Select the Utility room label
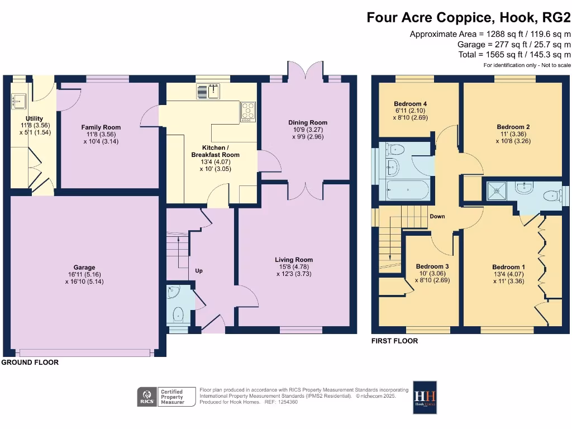tap(35, 119)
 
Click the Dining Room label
tap(308, 122)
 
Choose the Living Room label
tap(294, 260)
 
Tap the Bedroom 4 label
tap(411, 104)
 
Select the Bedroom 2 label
tap(513, 127)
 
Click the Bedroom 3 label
tap(432, 266)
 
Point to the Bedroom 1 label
tap(508, 267)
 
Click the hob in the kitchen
tap(247, 112)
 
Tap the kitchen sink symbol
tap(209, 90)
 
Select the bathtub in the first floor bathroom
tap(407, 190)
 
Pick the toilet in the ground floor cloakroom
tap(179, 314)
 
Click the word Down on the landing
tap(437, 216)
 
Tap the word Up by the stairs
tap(198, 271)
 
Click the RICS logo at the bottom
tap(147, 397)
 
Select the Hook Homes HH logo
tap(425, 397)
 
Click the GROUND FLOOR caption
tap(30, 363)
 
